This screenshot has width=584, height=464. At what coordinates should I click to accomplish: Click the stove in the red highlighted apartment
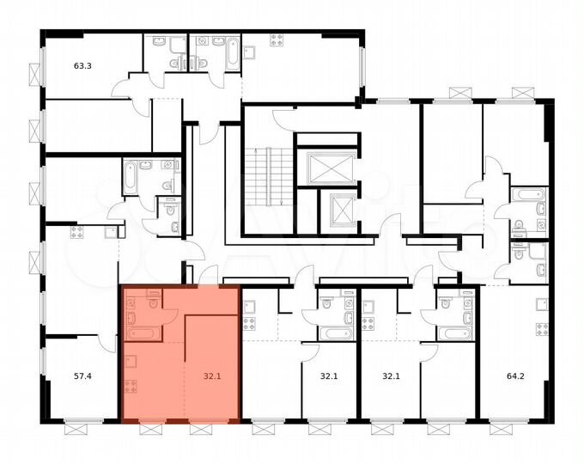pos(131,386)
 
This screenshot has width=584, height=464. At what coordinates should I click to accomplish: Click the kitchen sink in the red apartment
pos(131,361)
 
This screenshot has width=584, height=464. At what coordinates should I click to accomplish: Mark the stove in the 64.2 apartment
pos(540,329)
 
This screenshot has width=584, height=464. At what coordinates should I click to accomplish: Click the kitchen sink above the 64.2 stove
pos(540,303)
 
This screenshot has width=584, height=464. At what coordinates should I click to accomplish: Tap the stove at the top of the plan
pos(277,40)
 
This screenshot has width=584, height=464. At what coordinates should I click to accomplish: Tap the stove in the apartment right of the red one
pos(250,325)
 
